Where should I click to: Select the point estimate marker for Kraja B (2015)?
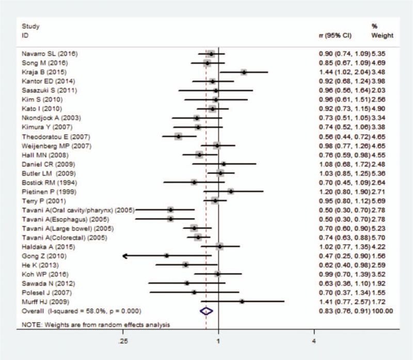(244, 72)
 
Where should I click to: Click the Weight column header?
(382, 36)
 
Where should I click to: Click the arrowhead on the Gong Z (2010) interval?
(125, 256)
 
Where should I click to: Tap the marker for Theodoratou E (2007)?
(179, 136)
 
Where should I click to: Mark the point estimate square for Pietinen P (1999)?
(231, 191)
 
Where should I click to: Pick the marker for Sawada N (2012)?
(187, 283)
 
